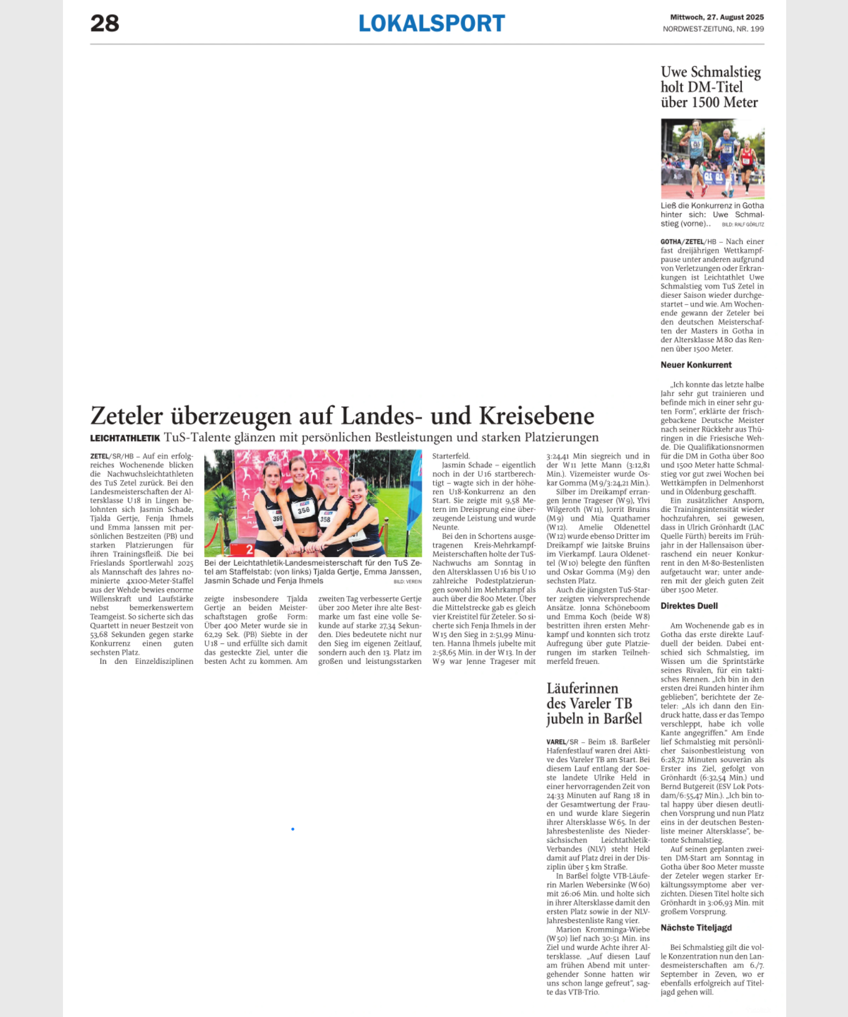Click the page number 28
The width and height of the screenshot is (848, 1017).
[105, 24]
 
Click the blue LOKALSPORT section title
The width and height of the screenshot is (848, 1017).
[432, 24]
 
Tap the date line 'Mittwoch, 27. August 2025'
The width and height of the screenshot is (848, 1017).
[717, 18]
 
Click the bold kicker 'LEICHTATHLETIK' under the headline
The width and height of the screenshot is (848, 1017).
[125, 438]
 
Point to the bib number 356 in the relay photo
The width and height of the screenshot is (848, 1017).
[303, 510]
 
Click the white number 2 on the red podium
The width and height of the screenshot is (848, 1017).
[250, 550]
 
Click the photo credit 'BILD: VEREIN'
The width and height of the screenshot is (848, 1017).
[407, 582]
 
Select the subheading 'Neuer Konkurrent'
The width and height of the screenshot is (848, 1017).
[696, 365]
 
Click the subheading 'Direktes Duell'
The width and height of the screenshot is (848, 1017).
[689, 606]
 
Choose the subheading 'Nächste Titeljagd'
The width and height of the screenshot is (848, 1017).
[696, 928]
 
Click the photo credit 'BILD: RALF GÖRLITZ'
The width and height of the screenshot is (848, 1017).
[743, 225]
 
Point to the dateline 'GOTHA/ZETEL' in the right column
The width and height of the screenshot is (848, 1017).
[682, 242]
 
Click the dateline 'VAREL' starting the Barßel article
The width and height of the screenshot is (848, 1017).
[556, 742]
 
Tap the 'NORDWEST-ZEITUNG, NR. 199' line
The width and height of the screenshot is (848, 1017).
[713, 29]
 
